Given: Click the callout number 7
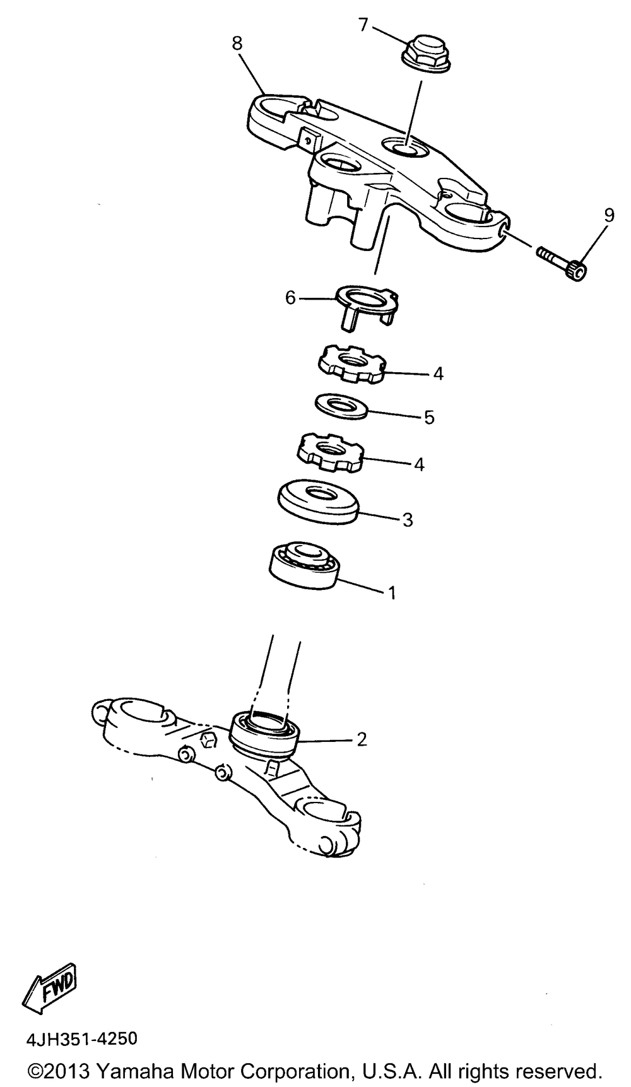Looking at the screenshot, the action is [363, 25].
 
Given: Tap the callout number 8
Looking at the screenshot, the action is [237, 44].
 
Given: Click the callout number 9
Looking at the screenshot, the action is [608, 216].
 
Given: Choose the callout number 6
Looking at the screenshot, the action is [290, 298].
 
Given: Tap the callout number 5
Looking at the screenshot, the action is [429, 418].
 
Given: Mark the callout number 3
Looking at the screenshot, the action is [408, 520].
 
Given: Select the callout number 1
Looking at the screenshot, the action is [392, 593].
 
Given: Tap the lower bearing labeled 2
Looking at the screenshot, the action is [264, 732].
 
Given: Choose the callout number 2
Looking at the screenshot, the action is [362, 739].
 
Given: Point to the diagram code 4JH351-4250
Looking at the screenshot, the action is [81, 1039].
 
